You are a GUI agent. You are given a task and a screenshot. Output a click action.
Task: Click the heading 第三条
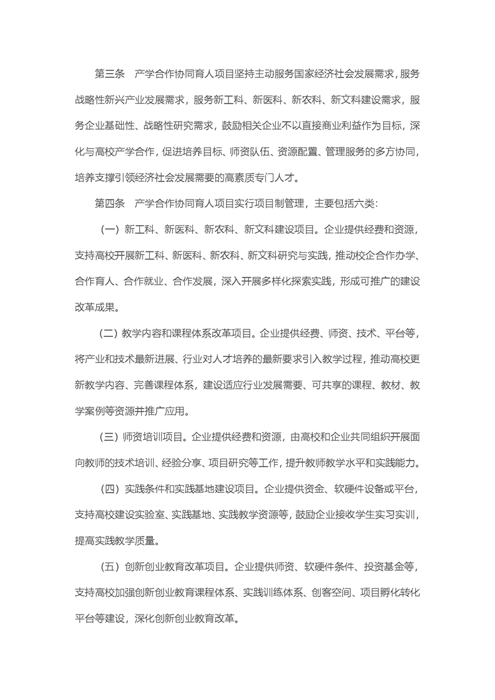pos(110,75)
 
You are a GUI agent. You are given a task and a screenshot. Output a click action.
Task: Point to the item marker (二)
pos(109,333)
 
